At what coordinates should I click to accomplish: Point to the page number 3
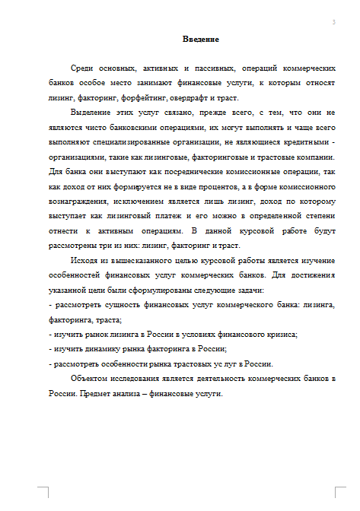[x=333, y=22]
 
